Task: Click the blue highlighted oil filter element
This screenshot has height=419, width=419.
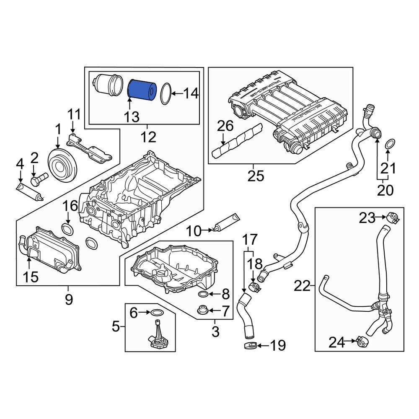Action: (x=141, y=90)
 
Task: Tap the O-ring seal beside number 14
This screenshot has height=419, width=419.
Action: (x=166, y=93)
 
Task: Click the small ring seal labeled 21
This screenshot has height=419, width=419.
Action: (x=389, y=144)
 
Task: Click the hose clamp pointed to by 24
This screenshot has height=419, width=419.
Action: (x=363, y=342)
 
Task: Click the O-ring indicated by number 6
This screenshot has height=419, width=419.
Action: (x=156, y=312)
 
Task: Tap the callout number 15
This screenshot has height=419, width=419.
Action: (x=28, y=276)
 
